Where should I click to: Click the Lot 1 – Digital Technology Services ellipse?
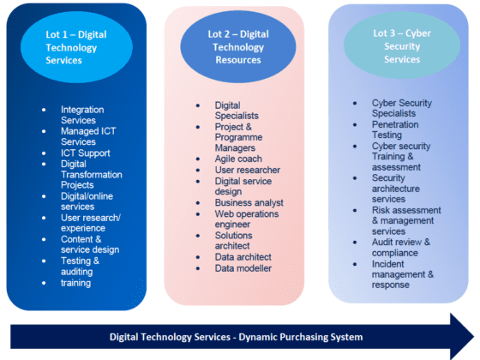pyautogui.click(x=76, y=47)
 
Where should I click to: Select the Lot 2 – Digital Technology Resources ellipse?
pyautogui.click(x=238, y=47)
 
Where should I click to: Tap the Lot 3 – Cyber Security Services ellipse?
pyautogui.click(x=402, y=46)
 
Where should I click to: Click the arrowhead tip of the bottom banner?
pyautogui.click(x=474, y=336)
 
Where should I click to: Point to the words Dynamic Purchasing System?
pyautogui.click(x=301, y=337)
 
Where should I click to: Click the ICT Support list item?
pyautogui.click(x=86, y=153)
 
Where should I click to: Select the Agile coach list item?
pyautogui.click(x=238, y=159)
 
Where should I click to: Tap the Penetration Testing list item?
pyautogui.click(x=395, y=129)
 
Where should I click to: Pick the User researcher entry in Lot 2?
pyautogui.click(x=248, y=170)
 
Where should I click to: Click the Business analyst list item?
pyautogui.click(x=249, y=202)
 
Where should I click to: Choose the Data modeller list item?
pyautogui.click(x=243, y=268)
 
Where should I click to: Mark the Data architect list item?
pyautogui.click(x=243, y=257)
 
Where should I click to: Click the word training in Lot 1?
pyautogui.click(x=75, y=283)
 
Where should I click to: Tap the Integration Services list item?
pyautogui.click(x=82, y=115)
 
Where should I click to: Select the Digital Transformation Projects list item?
pyautogui.click(x=91, y=175)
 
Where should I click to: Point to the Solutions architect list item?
pyautogui.click(x=233, y=241)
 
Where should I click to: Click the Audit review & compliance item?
pyautogui.click(x=401, y=248)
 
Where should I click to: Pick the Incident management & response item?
pyautogui.click(x=403, y=274)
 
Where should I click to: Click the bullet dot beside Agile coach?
pyautogui.click(x=198, y=159)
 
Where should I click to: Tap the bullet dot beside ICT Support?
pyautogui.click(x=44, y=153)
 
